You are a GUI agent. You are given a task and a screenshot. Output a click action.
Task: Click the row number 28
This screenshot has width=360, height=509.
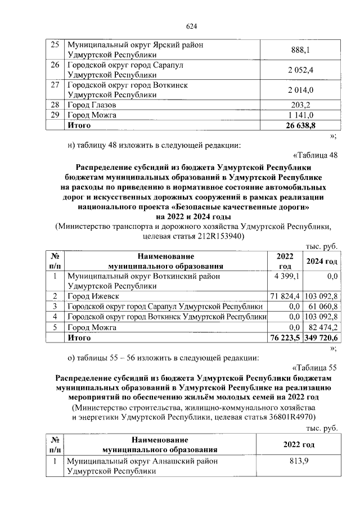(x=55, y=105)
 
